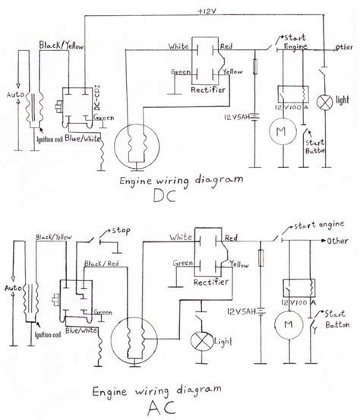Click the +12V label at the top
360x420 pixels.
(x=206, y=13)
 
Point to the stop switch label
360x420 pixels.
(x=122, y=229)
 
